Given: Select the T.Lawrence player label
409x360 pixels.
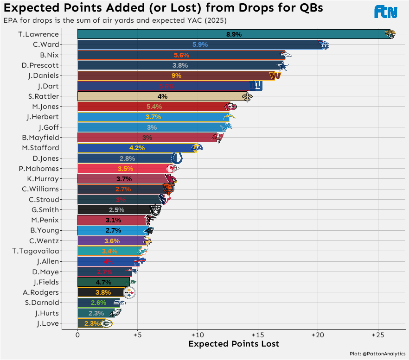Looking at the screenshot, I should click(x=38, y=34).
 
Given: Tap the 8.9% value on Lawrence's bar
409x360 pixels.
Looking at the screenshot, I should click(x=234, y=34).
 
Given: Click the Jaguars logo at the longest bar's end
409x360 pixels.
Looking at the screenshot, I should click(x=390, y=34).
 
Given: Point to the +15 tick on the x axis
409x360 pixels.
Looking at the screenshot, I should click(x=257, y=334).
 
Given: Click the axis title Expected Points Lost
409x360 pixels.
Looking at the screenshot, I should click(x=234, y=344).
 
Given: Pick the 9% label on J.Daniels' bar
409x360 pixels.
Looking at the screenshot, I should click(x=176, y=76).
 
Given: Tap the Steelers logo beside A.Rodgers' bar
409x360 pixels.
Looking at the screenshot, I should click(x=129, y=292).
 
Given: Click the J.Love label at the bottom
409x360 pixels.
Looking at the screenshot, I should click(x=48, y=323).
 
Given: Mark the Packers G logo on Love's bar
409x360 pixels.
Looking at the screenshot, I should click(x=106, y=323).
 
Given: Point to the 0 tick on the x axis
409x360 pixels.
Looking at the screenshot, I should click(x=77, y=334).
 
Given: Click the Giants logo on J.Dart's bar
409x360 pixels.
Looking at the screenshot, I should click(x=256, y=86).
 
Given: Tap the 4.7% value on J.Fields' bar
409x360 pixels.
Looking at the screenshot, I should click(x=104, y=282).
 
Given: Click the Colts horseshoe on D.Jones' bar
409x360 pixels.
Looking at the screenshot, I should click(x=177, y=158).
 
